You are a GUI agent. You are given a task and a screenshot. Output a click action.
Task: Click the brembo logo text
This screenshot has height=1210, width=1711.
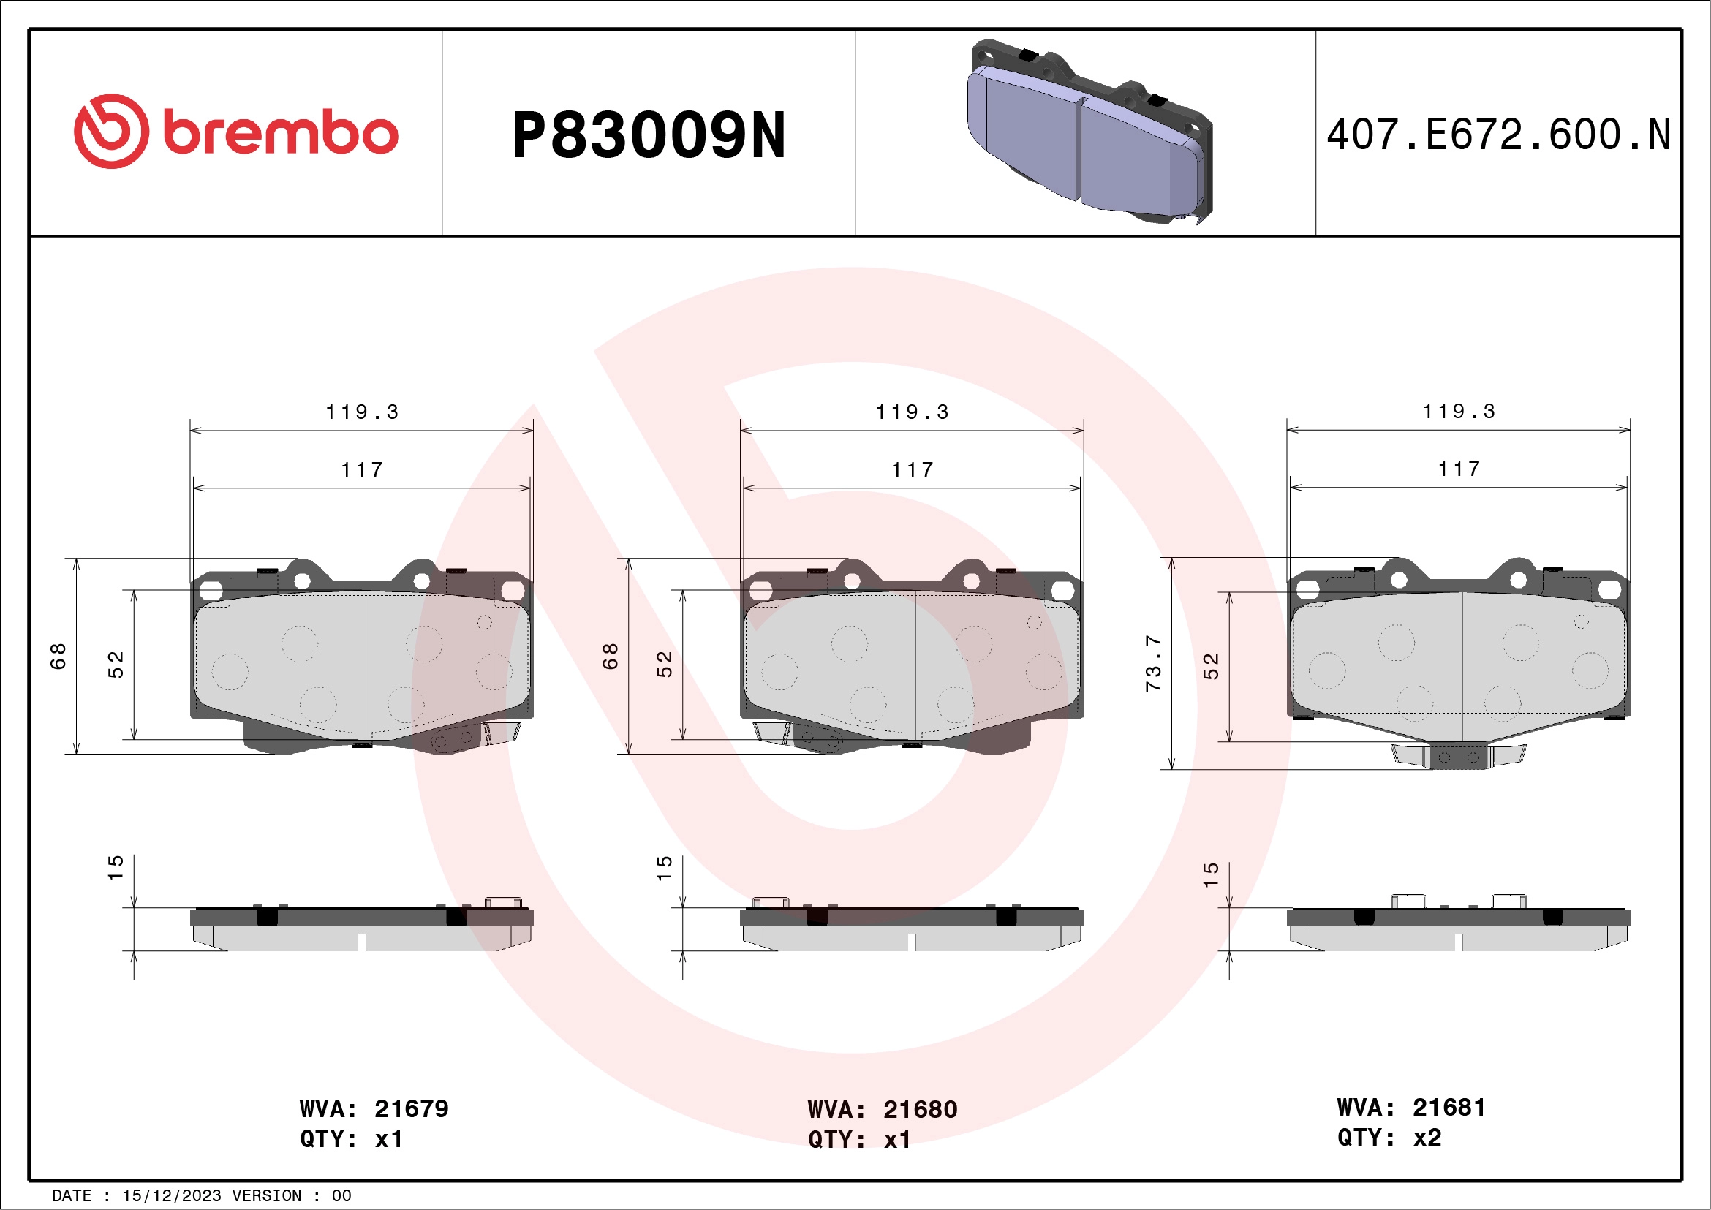click(x=280, y=134)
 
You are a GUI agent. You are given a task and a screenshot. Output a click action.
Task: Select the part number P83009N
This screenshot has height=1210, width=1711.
click(x=649, y=135)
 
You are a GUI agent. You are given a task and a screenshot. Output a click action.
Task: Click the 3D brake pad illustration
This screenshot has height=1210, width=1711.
click(x=1089, y=132)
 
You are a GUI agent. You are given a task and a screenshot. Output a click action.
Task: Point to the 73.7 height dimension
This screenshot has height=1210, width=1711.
click(x=1153, y=663)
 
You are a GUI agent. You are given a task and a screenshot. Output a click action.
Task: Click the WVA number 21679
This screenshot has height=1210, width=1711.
click(x=412, y=1108)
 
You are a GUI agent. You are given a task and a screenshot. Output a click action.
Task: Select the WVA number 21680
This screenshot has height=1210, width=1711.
click(x=920, y=1109)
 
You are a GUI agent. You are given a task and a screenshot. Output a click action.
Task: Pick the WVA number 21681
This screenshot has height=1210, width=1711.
click(x=1449, y=1107)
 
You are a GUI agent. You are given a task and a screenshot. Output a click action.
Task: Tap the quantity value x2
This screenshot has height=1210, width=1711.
click(x=1427, y=1138)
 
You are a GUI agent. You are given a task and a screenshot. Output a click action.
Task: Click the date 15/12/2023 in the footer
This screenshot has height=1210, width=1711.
click(x=171, y=1196)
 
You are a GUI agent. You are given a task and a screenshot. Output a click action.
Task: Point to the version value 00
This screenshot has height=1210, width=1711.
click(x=341, y=1196)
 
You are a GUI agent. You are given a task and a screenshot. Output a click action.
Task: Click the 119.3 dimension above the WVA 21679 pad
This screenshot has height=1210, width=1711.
click(x=362, y=412)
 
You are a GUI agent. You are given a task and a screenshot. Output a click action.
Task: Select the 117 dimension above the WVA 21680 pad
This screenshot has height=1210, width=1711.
click(x=912, y=470)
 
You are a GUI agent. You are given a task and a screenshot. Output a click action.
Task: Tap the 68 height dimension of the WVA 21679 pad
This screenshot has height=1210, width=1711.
click(x=58, y=657)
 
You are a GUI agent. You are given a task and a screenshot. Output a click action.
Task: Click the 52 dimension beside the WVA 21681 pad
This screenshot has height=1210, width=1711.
click(x=1211, y=666)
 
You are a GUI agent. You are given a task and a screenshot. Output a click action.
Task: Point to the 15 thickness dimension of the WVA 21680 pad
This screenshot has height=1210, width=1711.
click(x=664, y=869)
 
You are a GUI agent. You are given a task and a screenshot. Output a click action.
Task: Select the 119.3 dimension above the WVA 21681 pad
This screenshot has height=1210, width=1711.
click(x=1459, y=412)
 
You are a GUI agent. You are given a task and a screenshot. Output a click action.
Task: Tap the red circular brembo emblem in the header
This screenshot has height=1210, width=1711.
click(x=111, y=131)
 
